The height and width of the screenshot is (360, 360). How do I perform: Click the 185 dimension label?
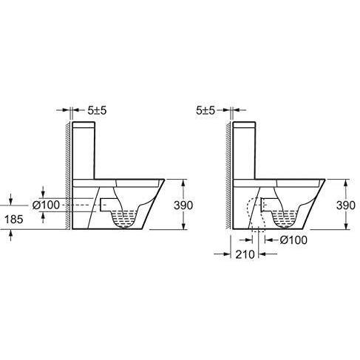click(14, 219)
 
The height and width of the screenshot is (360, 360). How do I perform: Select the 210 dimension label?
click(245, 254)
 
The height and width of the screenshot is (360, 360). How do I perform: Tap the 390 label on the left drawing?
click(183, 206)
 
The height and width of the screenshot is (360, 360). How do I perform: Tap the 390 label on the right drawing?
click(346, 206)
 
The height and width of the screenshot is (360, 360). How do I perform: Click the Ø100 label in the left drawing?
click(47, 205)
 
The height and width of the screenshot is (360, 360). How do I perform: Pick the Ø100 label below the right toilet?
click(293, 240)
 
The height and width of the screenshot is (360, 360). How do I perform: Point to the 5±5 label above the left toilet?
click(97, 111)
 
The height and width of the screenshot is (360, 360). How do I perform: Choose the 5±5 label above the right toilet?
click(206, 111)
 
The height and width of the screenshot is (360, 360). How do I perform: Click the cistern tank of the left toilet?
click(84, 150)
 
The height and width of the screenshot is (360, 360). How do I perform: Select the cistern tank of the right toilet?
click(244, 150)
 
